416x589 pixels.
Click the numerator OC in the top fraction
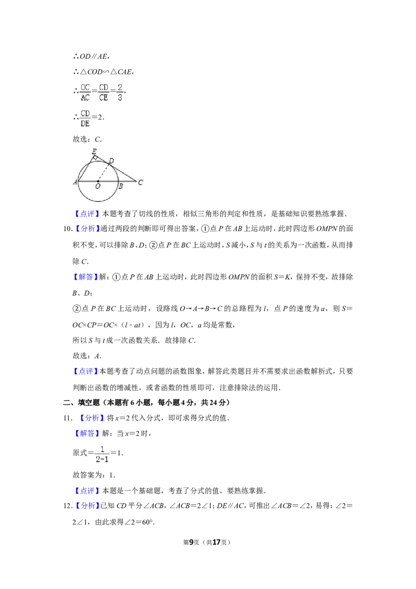85,87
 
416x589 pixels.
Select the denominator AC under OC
85,97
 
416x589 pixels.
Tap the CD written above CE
103,87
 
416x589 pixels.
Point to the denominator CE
103,97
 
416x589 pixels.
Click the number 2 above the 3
120,87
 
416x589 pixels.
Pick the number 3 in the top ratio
120,97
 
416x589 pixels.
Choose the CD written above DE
85,113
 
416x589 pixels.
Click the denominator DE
85,124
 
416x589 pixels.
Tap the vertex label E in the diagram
94,151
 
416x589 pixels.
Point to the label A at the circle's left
75,182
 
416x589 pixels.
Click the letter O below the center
98,187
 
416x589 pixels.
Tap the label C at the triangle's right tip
140,182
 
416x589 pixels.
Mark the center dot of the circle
98,181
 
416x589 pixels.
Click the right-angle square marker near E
95,157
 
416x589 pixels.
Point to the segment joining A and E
85,169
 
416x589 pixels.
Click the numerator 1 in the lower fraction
102,449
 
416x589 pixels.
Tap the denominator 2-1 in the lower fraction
102,459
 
